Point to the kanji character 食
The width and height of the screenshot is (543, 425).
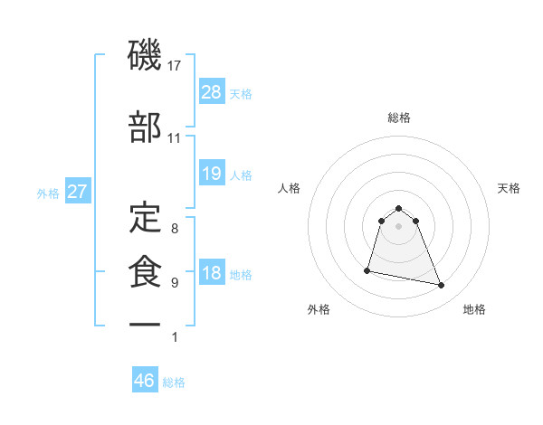[145, 272]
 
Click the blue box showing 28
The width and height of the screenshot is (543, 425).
[212, 92]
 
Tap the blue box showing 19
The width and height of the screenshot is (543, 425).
[212, 174]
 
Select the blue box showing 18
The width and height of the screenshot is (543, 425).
[212, 274]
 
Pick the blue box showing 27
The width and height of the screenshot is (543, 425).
[78, 193]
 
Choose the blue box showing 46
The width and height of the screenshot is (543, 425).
[145, 381]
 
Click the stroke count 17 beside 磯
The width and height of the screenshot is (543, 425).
[176, 66]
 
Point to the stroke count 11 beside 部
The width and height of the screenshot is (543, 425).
[175, 138]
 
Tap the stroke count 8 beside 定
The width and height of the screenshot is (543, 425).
[175, 229]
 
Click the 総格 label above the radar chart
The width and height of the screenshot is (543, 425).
[399, 118]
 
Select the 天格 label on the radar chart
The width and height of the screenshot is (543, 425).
[510, 188]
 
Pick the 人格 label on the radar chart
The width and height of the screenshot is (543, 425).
[290, 188]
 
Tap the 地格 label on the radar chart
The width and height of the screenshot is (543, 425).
[474, 309]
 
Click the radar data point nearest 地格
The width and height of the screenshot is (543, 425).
[442, 286]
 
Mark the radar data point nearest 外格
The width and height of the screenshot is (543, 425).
[368, 269]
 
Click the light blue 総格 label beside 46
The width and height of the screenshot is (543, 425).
[174, 382]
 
